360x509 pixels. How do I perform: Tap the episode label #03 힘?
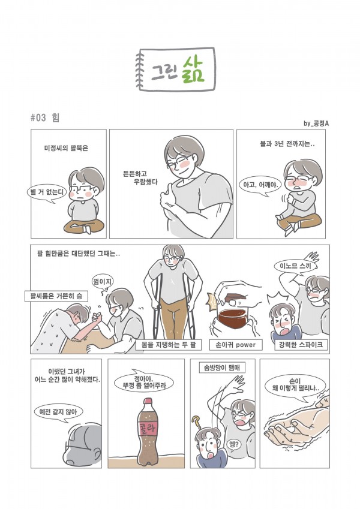tap(45, 118)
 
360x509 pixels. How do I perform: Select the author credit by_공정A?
tap(316, 124)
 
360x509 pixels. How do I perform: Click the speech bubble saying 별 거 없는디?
tap(46, 193)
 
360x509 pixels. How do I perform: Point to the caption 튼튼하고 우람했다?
tap(140, 178)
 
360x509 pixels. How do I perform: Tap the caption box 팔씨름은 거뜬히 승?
tap(56, 296)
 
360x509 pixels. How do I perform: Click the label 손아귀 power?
tap(236, 344)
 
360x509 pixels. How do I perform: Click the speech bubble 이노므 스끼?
tap(295, 267)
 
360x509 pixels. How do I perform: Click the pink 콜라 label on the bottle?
tap(148, 429)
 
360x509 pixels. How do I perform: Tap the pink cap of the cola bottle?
tap(148, 400)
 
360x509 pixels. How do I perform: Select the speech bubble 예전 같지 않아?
tap(58, 412)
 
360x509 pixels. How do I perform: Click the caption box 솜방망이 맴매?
tap(222, 368)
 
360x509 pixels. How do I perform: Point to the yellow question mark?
tap(196, 422)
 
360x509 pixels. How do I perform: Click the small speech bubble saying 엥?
tap(233, 444)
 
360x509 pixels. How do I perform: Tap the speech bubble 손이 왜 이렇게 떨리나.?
tap(295, 385)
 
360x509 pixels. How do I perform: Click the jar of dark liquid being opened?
tap(233, 317)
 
